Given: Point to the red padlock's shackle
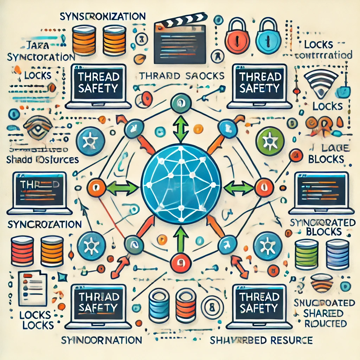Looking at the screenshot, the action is (237, 25).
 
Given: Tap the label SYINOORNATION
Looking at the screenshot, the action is (101, 340).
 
